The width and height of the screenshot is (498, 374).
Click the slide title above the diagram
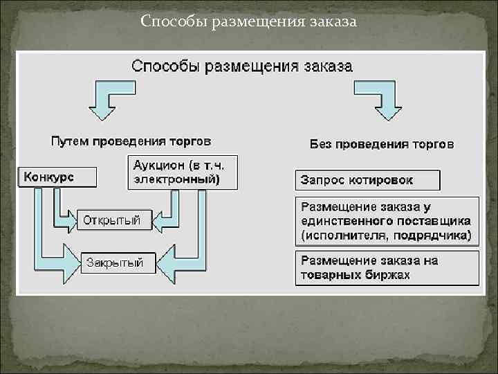[248, 21]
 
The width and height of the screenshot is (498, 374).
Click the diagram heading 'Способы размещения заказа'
[241, 66]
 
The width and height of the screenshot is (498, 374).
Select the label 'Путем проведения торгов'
[131, 141]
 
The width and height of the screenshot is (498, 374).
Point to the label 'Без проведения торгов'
[381, 144]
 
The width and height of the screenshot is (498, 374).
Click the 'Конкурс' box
[57, 176]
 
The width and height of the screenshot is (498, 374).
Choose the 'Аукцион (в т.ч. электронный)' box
[183, 172]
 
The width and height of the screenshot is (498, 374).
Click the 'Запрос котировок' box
[367, 180]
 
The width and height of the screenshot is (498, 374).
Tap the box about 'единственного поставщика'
[387, 221]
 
